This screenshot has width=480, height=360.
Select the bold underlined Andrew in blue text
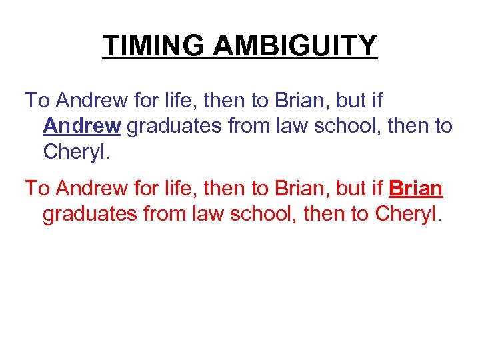tap(82, 125)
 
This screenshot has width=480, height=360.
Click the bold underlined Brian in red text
tap(415, 188)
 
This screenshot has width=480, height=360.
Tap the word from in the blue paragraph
tap(248, 125)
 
